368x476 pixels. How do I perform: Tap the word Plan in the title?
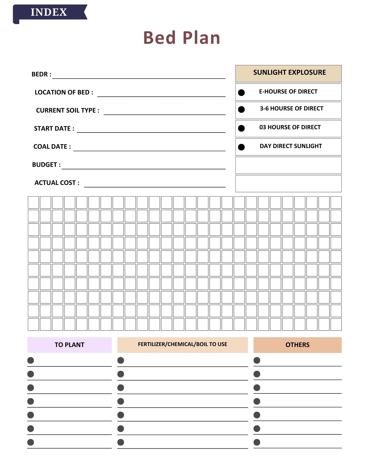(x=201, y=38)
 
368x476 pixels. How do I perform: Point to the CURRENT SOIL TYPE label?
(x=67, y=110)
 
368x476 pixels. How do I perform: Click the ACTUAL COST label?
(x=57, y=183)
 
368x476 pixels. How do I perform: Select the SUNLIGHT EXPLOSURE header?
(x=289, y=73)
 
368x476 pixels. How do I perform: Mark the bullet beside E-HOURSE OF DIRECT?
(x=241, y=92)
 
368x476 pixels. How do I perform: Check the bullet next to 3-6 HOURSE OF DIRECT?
(x=241, y=109)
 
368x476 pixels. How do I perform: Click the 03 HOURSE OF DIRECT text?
(x=290, y=127)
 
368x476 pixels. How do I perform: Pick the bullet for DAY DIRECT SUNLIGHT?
(x=241, y=147)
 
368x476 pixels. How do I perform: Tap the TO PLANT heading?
(x=69, y=345)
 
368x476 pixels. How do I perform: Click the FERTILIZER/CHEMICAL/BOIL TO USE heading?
(x=182, y=344)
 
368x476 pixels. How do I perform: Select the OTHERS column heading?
(x=297, y=345)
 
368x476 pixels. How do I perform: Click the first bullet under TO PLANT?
(x=31, y=360)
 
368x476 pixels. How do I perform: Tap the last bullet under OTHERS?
(x=257, y=442)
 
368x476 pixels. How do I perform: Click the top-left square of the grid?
(x=33, y=203)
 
